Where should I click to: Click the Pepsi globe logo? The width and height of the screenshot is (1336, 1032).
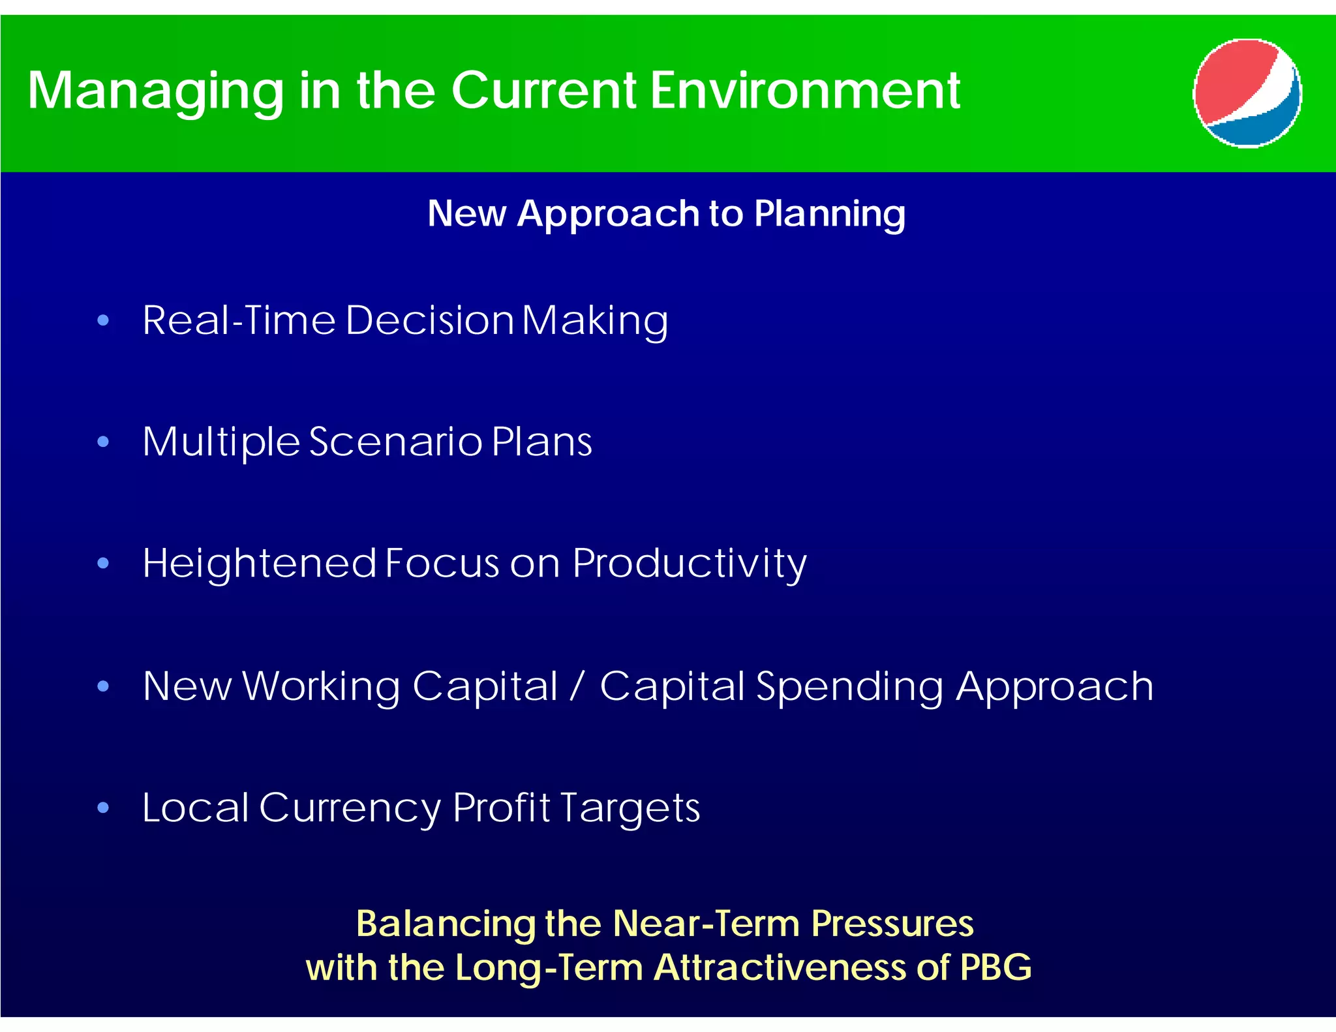click(x=1247, y=93)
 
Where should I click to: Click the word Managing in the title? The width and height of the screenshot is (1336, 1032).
click(x=155, y=91)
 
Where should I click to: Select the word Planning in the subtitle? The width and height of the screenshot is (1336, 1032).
click(x=830, y=215)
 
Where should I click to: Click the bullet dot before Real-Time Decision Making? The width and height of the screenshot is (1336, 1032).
click(x=103, y=320)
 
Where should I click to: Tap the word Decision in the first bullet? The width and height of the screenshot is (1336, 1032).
click(x=430, y=320)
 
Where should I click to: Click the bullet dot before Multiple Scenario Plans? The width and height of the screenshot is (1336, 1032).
click(x=103, y=442)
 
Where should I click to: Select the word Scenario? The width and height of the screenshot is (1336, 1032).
click(x=395, y=442)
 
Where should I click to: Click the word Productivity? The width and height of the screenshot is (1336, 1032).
click(x=690, y=564)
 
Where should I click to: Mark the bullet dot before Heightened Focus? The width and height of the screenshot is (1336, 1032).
click(x=103, y=564)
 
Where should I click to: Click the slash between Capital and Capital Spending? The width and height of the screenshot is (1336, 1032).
click(x=577, y=686)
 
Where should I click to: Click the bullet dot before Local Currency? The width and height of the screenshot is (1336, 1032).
click(x=103, y=808)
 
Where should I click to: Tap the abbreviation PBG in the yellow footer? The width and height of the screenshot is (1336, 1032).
click(x=995, y=967)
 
